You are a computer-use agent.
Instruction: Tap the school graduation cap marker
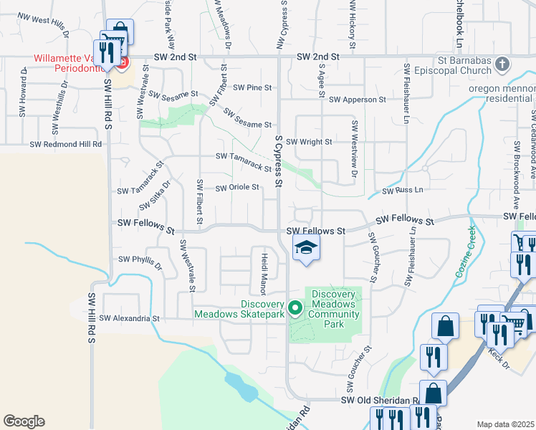(x=306, y=248)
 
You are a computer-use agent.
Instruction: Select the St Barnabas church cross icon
(x=502, y=65)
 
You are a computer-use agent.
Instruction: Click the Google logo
(x=24, y=421)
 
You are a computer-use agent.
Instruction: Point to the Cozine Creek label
(x=464, y=252)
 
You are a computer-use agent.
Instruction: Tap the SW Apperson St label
(x=358, y=100)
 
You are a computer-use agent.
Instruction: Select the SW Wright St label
(x=309, y=142)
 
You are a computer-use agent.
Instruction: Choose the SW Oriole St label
(x=236, y=188)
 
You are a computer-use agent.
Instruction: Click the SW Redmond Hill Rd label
(x=66, y=144)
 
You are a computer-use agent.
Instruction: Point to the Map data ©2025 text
(x=505, y=424)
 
